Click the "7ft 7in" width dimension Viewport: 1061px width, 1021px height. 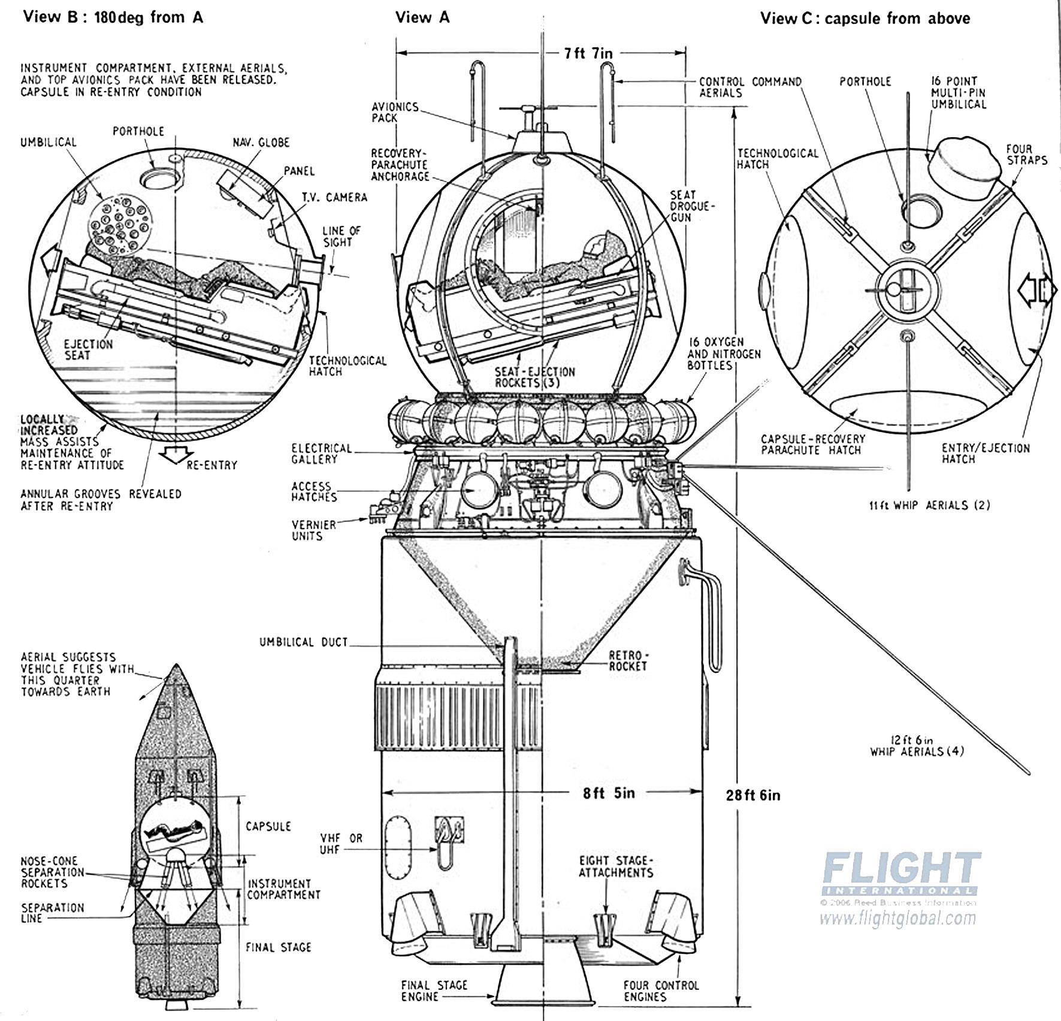click(588, 53)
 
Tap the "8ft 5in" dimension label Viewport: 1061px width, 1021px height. click(609, 793)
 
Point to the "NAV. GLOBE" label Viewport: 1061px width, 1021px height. click(261, 143)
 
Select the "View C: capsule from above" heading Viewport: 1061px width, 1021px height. click(864, 18)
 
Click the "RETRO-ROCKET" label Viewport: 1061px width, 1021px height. click(628, 660)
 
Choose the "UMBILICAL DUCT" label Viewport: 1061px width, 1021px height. click(303, 642)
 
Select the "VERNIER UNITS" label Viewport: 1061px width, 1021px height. click(314, 530)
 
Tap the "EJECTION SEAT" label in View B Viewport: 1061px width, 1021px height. click(88, 349)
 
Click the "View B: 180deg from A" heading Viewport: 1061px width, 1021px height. click(113, 17)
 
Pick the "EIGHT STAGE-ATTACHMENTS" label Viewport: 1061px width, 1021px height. click(616, 867)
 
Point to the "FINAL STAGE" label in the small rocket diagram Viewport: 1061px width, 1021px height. click(278, 947)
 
